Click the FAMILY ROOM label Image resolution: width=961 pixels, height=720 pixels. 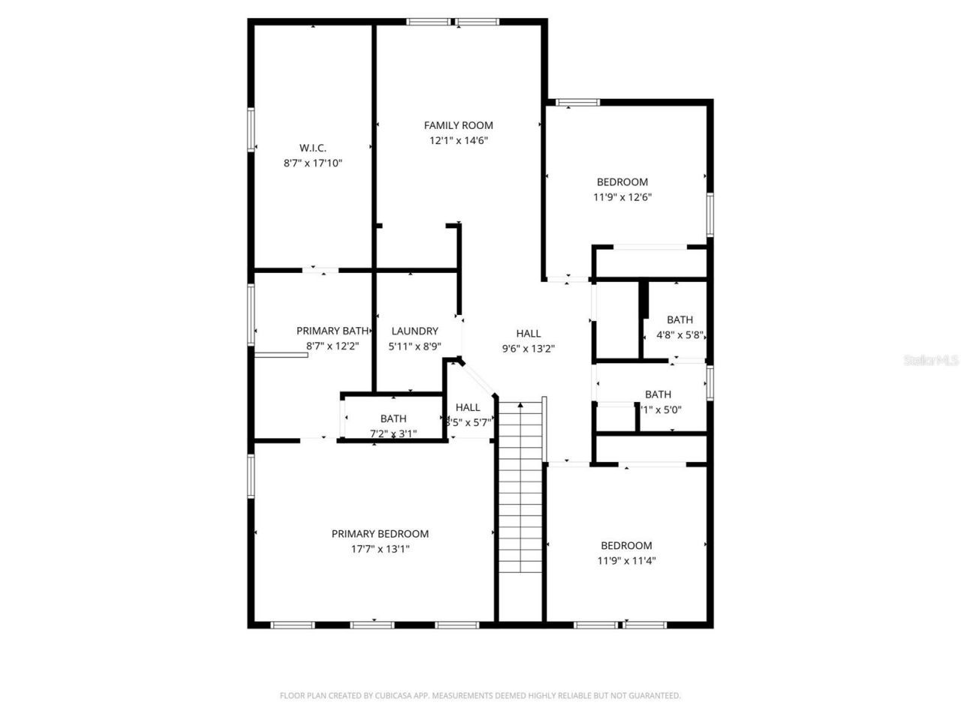tap(458, 125)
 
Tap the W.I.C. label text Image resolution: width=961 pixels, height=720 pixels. tap(312, 148)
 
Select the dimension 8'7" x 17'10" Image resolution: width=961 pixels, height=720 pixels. tap(312, 163)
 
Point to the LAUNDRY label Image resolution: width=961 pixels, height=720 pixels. tap(414, 331)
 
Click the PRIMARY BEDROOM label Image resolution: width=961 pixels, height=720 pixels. tap(380, 534)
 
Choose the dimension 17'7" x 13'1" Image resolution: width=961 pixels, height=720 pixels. tap(380, 549)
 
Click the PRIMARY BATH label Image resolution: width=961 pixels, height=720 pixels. tap(332, 331)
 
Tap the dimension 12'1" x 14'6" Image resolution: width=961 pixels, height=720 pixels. tap(458, 140)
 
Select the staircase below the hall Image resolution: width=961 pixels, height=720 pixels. tap(520, 487)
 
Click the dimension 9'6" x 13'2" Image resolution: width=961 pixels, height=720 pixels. tap(528, 348)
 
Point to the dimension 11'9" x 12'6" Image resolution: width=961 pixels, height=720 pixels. tap(622, 197)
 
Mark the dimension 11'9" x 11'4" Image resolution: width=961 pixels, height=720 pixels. tap(626, 560)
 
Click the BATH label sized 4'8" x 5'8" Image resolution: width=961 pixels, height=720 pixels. tap(679, 320)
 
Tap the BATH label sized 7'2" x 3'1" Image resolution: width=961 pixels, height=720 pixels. tap(393, 419)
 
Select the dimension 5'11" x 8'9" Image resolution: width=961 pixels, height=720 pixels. tap(414, 346)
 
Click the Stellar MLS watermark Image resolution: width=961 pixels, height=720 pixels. tap(931, 361)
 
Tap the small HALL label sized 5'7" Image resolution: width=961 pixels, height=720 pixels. tap(468, 407)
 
